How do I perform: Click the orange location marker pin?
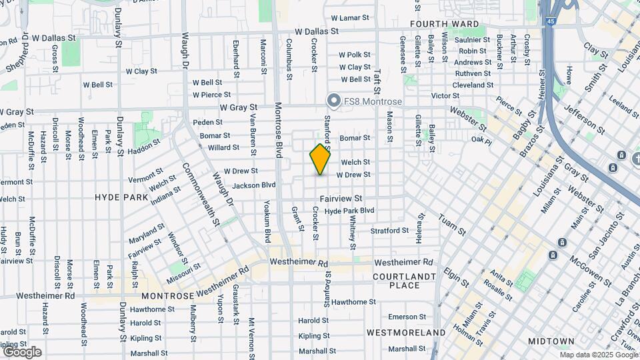(320, 159)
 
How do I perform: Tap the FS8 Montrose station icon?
(334, 101)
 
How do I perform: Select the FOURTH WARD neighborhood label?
(444, 24)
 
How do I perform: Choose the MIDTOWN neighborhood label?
(551, 341)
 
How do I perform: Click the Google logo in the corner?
(22, 351)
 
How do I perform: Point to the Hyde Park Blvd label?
(349, 211)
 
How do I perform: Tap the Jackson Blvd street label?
(255, 185)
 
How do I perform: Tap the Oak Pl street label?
(481, 141)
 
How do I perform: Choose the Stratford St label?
(389, 231)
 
